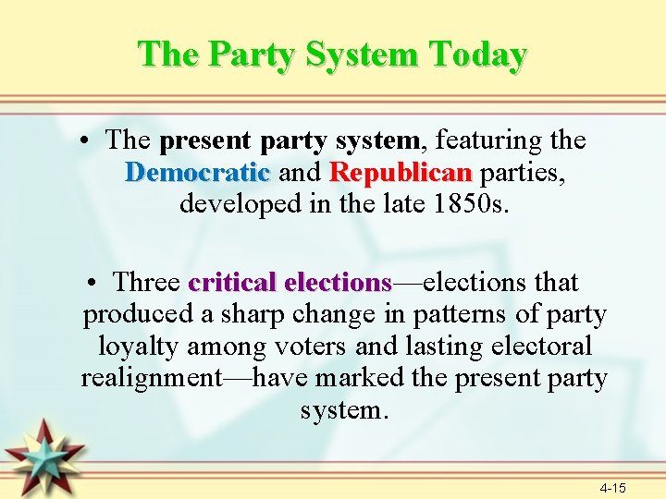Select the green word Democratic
click(x=197, y=173)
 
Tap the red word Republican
click(x=401, y=173)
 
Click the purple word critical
click(x=234, y=282)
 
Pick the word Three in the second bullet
click(x=147, y=282)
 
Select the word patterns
click(x=455, y=314)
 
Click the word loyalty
click(x=141, y=347)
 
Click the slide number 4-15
click(x=612, y=486)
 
